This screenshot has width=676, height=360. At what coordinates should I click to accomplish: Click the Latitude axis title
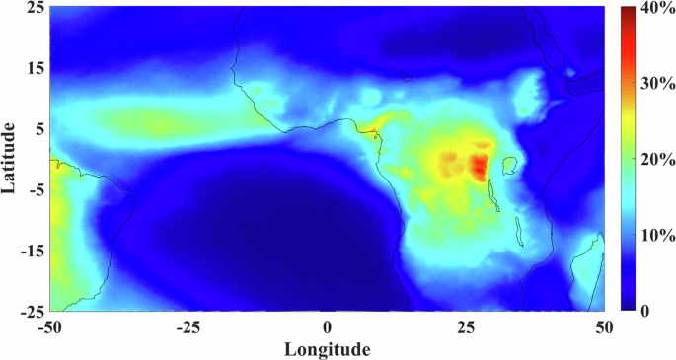10,158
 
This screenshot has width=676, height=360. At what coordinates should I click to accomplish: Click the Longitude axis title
328,349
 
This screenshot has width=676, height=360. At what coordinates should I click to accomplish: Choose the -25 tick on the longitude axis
188,326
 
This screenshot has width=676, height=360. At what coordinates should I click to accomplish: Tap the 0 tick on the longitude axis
327,326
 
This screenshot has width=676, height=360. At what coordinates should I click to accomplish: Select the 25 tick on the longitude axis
465,326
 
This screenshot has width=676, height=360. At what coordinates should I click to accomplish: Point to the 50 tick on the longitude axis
603,326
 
